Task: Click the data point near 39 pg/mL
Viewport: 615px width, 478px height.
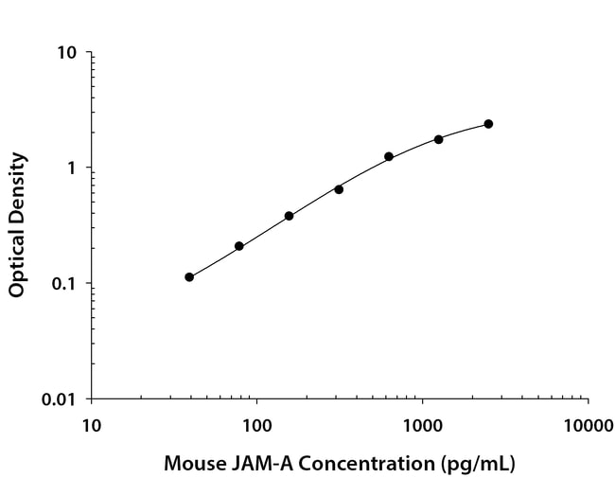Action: point(189,277)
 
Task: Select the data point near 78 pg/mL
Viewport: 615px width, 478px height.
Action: point(239,246)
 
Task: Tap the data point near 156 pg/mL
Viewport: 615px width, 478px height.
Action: point(289,216)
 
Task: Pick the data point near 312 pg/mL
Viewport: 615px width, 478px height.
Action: point(339,189)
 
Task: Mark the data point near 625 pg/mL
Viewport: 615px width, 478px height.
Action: point(389,156)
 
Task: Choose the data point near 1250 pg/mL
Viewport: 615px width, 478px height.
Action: point(439,139)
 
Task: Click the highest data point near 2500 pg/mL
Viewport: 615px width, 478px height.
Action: point(488,124)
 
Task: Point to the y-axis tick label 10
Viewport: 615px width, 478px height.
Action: point(67,52)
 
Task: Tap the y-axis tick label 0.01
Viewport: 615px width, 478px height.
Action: point(60,399)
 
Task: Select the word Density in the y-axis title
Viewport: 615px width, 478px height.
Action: point(17,186)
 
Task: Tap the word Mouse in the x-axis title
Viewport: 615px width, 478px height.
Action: point(191,465)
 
